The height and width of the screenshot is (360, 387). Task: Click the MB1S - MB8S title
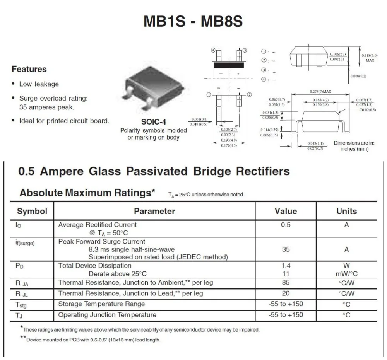coord(193,21)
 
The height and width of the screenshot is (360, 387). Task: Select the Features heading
coord(29,70)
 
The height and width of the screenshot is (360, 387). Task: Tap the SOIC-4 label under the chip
coord(153,121)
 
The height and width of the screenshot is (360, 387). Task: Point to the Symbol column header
coord(32,212)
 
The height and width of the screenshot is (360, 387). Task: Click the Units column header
coord(346,212)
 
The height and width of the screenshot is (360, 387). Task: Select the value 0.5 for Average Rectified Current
coord(286,225)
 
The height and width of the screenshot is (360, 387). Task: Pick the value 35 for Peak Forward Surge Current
coord(286,249)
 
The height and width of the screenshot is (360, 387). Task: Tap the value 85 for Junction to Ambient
coord(286,283)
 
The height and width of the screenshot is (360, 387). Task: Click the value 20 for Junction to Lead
coord(286,293)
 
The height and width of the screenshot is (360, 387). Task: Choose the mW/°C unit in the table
coord(346,274)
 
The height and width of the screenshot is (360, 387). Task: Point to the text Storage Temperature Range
coord(101,304)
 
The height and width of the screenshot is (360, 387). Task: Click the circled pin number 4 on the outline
coord(213,50)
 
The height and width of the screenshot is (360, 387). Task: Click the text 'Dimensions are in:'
coord(354,143)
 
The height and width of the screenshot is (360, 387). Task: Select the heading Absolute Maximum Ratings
coord(87,193)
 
